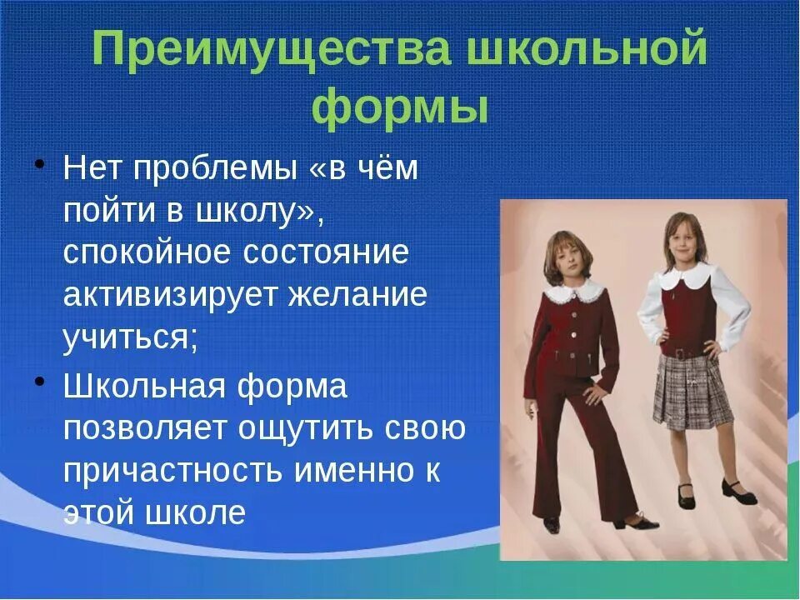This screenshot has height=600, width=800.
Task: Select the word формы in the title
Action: coord(400,108)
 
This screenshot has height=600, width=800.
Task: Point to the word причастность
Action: coord(172,471)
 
